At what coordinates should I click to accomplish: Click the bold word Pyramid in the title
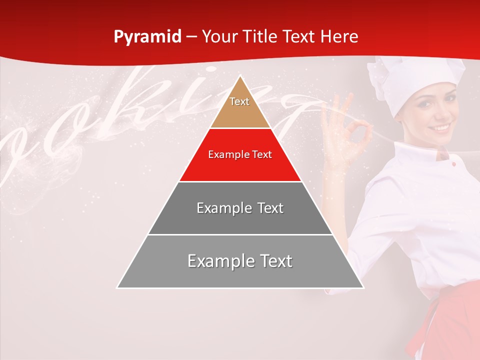tap(147, 37)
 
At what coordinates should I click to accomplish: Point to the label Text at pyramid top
tap(239, 101)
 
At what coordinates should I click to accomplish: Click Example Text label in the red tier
tap(240, 154)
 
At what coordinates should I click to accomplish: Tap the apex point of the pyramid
tap(240, 76)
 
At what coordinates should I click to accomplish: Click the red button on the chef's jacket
tap(453, 163)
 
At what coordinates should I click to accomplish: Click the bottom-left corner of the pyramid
tap(117, 287)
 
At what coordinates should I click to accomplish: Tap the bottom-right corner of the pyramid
tap(363, 287)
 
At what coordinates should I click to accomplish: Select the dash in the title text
tap(191, 37)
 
